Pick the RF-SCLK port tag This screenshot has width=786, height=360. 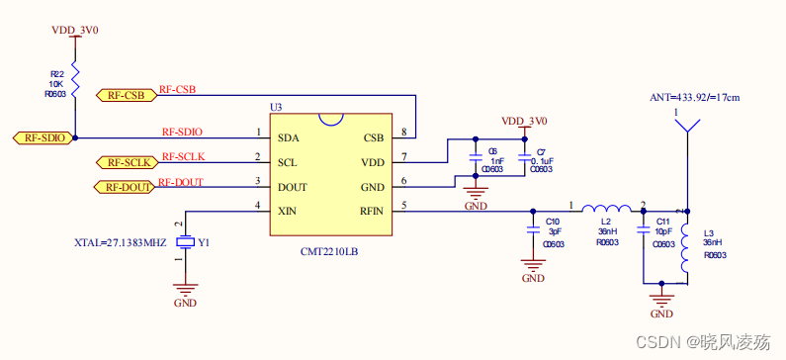coord(126,161)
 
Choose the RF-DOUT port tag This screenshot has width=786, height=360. coord(126,186)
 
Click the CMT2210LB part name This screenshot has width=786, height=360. coord(329,252)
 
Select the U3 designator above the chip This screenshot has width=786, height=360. coord(276,107)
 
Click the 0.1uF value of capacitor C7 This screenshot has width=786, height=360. coord(542,160)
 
